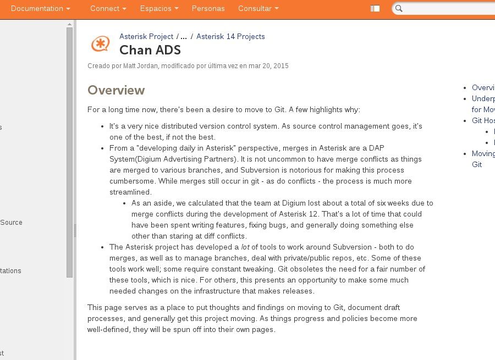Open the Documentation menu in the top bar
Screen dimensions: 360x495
pos(40,9)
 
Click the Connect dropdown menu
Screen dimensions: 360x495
pos(108,9)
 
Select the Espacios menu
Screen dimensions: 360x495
pos(159,9)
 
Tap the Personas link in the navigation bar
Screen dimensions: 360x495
pos(208,9)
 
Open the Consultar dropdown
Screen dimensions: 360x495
pos(258,9)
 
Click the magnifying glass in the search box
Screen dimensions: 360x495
pos(399,9)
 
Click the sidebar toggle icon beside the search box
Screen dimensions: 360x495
pos(375,9)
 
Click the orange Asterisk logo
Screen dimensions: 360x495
pos(100,44)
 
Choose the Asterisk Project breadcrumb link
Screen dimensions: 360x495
pos(146,36)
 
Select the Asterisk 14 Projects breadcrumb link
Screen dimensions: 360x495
pos(230,36)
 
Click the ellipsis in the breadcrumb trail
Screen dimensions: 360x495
pos(184,36)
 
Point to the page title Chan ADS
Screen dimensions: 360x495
pos(150,50)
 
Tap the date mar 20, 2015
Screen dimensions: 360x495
pos(268,66)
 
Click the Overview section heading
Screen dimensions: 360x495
pos(116,90)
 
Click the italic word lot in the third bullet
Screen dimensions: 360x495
pos(245,247)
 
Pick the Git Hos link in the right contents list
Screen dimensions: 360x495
pos(483,120)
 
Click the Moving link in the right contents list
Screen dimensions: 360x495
pos(483,153)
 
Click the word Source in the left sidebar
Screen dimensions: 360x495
pos(12,223)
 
